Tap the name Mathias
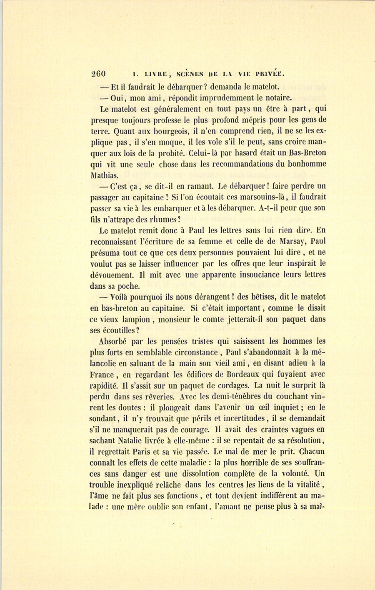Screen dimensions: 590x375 click(106, 175)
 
